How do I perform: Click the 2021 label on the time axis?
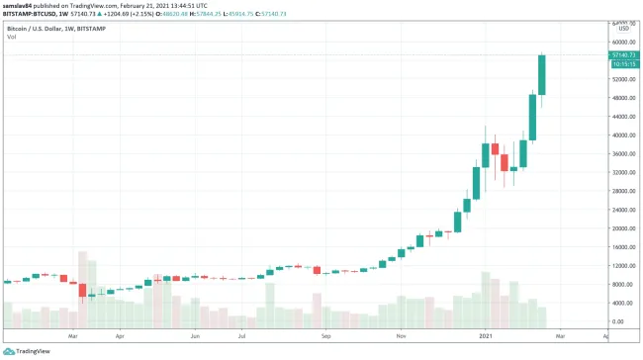(486, 336)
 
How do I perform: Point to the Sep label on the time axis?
(327, 336)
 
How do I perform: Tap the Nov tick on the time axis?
(402, 336)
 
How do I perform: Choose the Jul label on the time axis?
(241, 336)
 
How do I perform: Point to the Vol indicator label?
(11, 37)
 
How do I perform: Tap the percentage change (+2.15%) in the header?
(162, 13)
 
